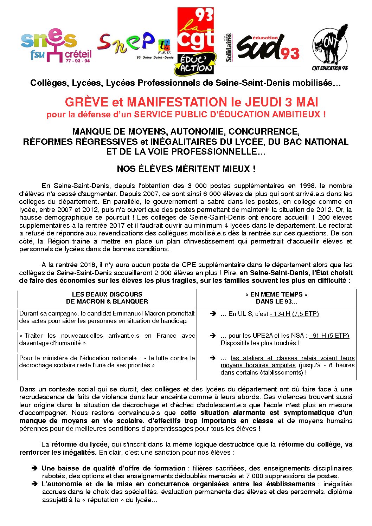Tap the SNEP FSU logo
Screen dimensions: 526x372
pos(135,46)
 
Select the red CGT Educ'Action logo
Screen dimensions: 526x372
pos(195,41)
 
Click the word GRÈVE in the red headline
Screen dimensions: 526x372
pos(86,102)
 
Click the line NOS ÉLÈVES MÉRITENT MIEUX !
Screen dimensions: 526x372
pos(186,169)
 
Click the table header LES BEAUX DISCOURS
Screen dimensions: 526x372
pos(107,294)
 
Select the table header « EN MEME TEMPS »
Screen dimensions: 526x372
pos(276,294)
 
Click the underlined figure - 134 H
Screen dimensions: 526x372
pos(280,314)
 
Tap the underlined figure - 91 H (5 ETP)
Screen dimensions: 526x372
pos(329,336)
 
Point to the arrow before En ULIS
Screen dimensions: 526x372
pos(213,314)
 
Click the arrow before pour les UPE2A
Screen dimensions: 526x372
pos(213,336)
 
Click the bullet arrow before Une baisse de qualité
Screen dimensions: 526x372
pos(34,468)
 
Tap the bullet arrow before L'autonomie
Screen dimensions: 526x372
pos(34,484)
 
